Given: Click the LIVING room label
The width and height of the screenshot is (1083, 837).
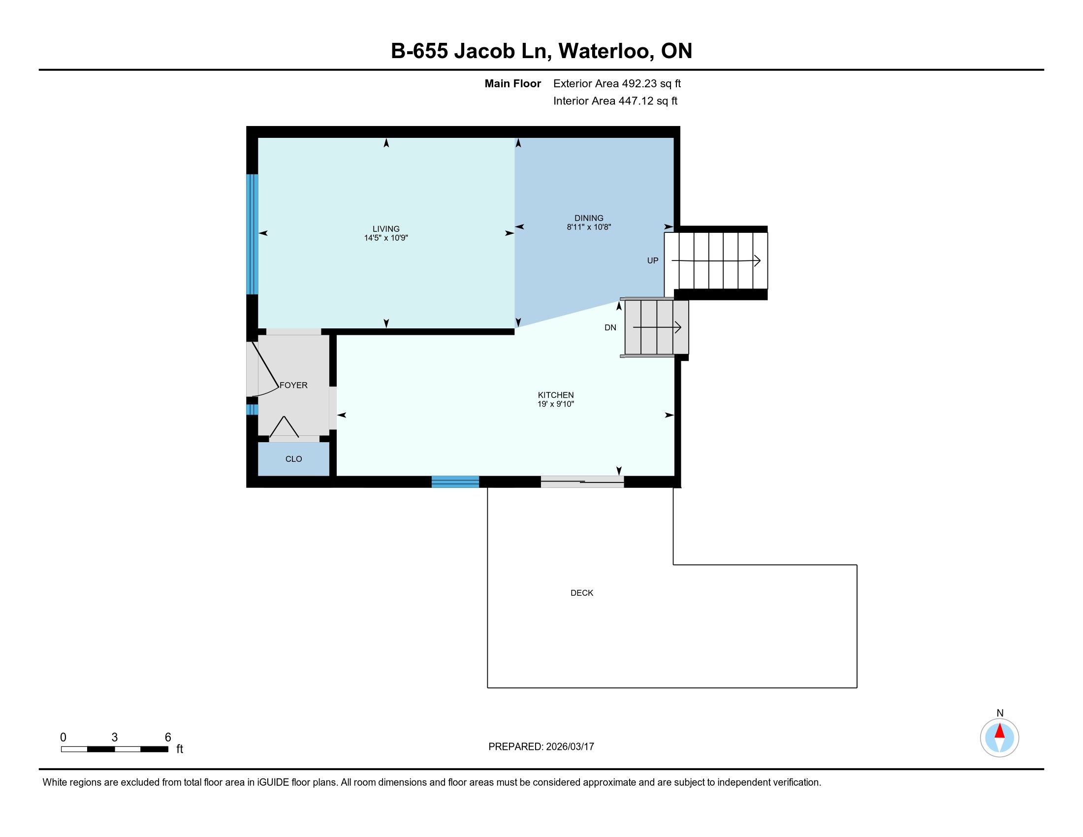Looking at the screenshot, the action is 386,228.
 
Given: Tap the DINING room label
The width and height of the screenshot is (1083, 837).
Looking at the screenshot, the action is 589,218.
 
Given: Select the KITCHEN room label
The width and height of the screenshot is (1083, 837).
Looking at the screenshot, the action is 555,395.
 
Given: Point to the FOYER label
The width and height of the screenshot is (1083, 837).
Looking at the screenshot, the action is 293,386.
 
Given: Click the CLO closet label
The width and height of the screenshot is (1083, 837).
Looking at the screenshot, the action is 293,459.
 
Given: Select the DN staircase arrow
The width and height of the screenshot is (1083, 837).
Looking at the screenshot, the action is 657,327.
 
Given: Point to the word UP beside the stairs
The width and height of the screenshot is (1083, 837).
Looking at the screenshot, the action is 653,260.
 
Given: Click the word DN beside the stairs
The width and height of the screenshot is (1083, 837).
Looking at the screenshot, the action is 610,327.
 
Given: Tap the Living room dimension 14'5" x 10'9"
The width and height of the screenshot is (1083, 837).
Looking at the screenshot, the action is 386,238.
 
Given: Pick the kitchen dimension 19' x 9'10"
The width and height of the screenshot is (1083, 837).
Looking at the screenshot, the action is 555,404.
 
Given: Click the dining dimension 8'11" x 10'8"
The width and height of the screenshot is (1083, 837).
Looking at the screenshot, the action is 589,227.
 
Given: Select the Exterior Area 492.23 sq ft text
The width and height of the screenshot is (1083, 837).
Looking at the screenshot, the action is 617,84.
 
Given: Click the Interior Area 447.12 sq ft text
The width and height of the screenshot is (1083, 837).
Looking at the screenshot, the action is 615,101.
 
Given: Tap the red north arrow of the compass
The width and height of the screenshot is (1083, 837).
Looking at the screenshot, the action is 1000,730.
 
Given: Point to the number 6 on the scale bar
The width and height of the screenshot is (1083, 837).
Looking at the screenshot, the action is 167,738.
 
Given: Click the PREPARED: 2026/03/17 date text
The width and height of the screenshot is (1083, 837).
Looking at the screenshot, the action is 541,747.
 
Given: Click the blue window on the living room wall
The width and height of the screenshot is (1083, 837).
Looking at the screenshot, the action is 253,234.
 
